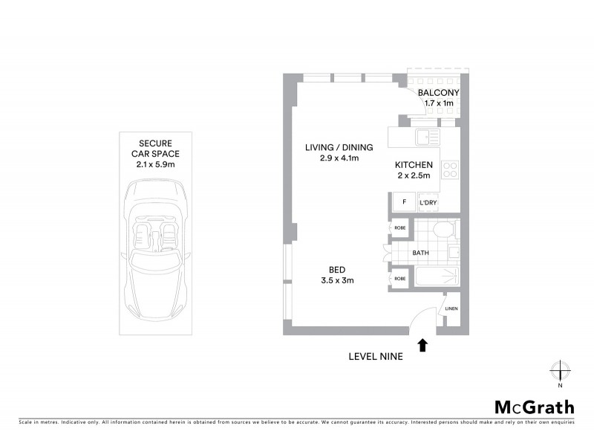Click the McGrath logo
(x=535, y=407)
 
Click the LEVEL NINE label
(x=376, y=356)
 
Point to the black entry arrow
(x=423, y=344)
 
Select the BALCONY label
(x=438, y=92)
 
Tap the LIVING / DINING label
(x=339, y=147)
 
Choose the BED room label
(x=338, y=270)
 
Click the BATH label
(x=421, y=253)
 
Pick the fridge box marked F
(x=403, y=202)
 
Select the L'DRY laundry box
(x=428, y=202)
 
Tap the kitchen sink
(x=427, y=137)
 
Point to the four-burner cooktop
(x=450, y=169)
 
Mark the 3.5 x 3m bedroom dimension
(x=338, y=280)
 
